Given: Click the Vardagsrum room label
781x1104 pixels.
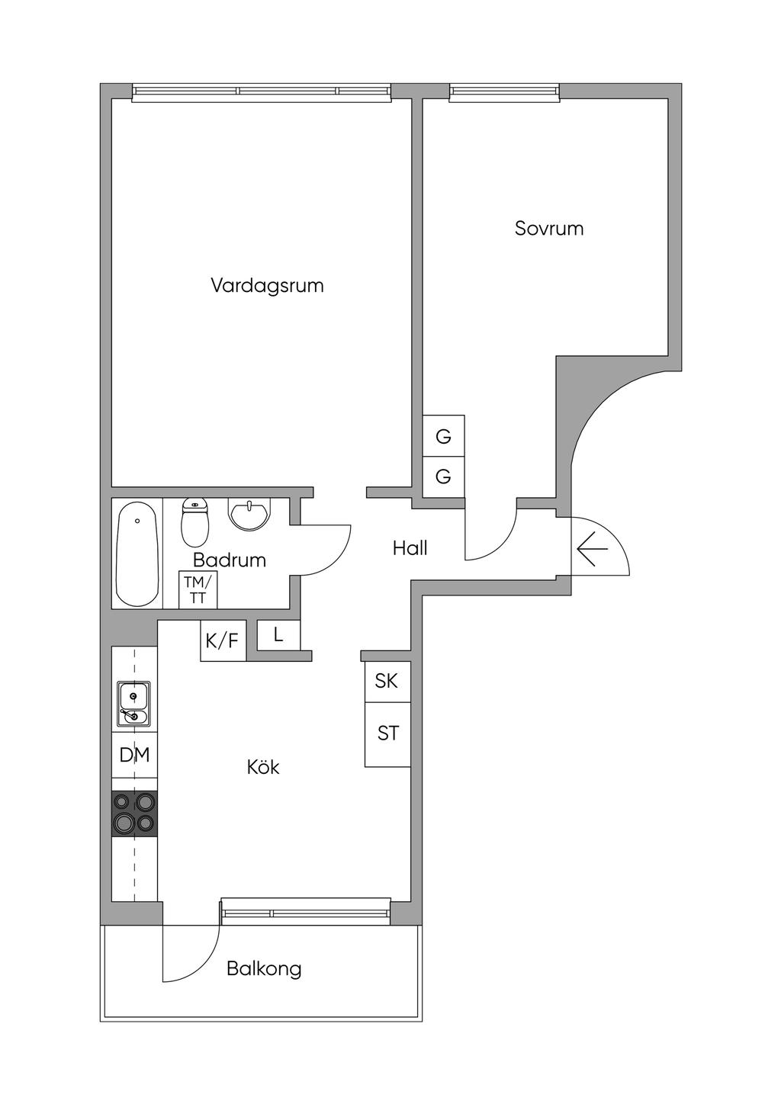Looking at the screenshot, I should [x=267, y=286].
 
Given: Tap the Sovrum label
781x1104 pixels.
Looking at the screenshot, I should [x=549, y=228].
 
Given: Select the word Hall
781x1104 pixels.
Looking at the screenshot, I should [x=410, y=547].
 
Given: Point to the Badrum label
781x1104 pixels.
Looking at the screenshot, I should [x=230, y=560].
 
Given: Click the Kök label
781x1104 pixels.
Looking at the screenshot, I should [x=263, y=767].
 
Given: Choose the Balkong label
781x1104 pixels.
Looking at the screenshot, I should [x=264, y=969].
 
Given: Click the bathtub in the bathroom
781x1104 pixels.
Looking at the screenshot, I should [x=138, y=553].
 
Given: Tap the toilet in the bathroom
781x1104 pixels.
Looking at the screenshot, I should [x=195, y=522].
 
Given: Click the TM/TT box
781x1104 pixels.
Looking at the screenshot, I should [x=198, y=590].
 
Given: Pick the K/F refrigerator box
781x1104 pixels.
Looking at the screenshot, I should [x=223, y=641].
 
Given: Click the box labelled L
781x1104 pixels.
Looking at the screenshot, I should [x=278, y=635].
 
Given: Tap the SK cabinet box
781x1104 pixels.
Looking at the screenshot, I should [x=387, y=681].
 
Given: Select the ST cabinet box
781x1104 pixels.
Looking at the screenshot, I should [x=387, y=733].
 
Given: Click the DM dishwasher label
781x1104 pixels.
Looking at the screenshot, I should [x=135, y=755].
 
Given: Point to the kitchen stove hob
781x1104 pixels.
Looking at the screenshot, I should [x=135, y=814].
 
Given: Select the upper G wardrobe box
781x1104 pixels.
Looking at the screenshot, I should [x=443, y=436].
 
